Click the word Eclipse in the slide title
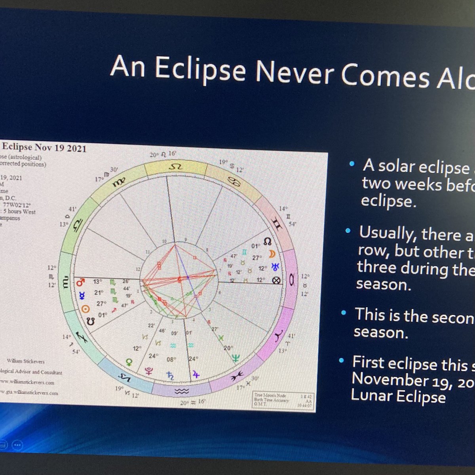click(199, 70)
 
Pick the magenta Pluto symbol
click(150, 371)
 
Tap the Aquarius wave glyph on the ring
click(182, 391)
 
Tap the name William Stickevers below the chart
click(26, 361)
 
